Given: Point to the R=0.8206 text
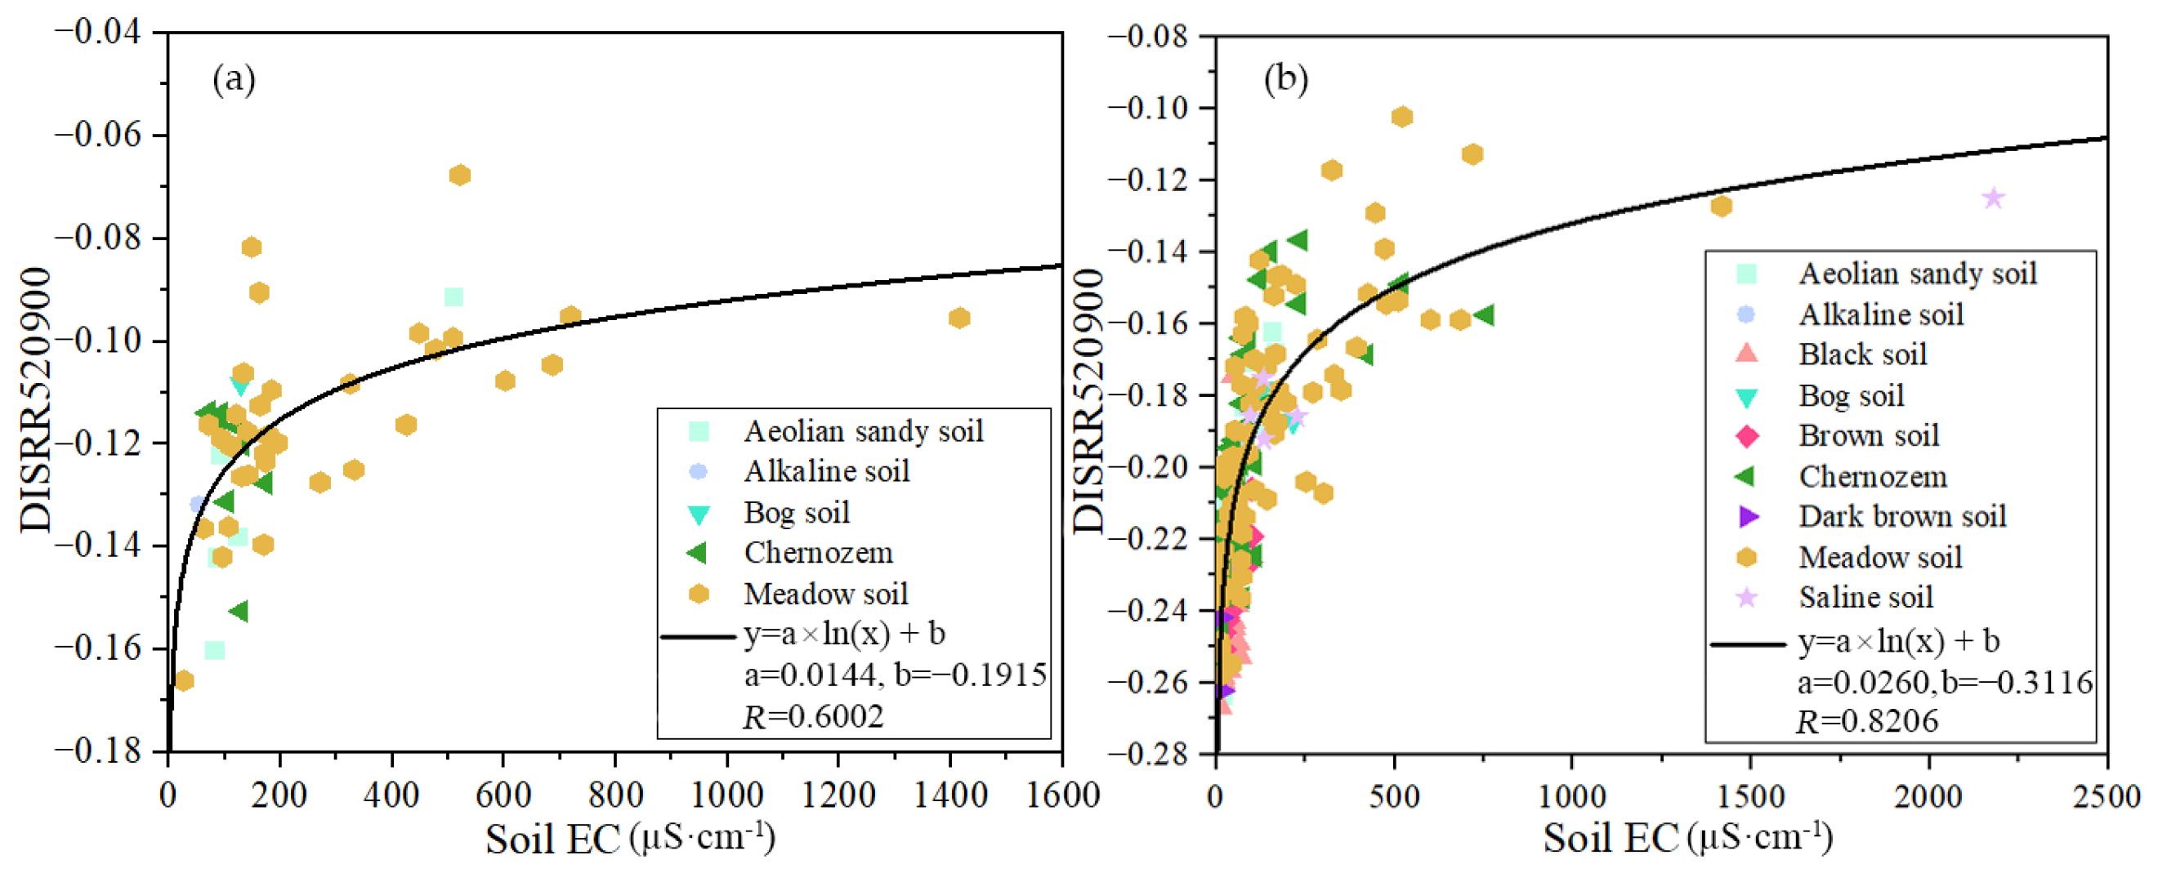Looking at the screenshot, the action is pos(1867,721).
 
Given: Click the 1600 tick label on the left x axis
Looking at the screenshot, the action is pos(1062,795).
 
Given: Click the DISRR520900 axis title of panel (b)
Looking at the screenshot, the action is pos(1089,400).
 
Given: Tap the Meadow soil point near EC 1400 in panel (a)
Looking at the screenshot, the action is pos(959,318).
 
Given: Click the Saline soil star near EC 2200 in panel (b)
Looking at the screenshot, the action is pos(1994,198).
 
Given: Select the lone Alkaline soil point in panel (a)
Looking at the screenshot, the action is pos(198,504).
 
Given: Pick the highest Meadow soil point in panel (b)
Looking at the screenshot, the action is pos(1402,118).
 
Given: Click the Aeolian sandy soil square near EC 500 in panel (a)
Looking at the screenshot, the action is pos(453,297).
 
